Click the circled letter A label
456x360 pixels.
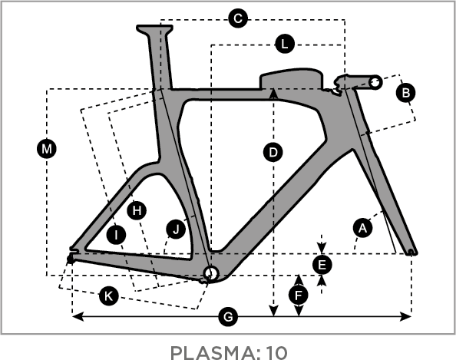tap(362, 228)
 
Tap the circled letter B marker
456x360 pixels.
tap(405, 93)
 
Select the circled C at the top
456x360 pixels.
tap(238, 18)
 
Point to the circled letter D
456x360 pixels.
tap(273, 152)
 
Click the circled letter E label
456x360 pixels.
tap(322, 265)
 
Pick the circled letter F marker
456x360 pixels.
tap(299, 296)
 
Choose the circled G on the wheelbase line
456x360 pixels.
tap(228, 316)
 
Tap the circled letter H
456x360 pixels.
tap(137, 210)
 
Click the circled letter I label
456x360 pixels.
tap(116, 235)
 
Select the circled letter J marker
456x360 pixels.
tap(176, 230)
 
